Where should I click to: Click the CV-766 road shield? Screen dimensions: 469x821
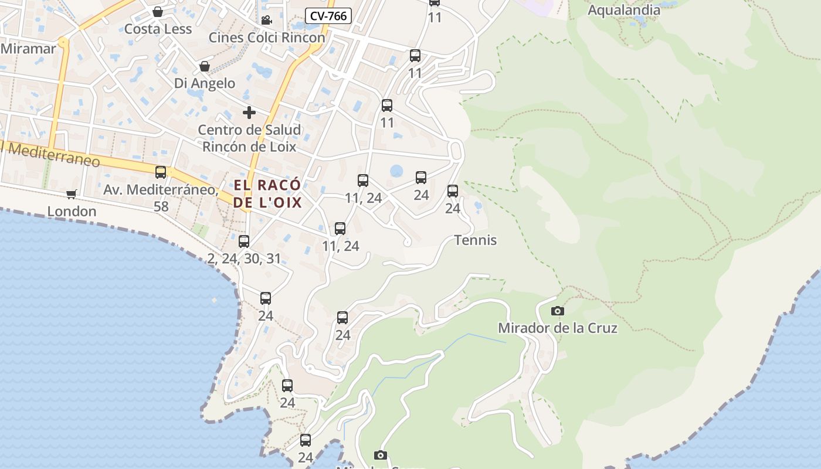pyautogui.click(x=328, y=16)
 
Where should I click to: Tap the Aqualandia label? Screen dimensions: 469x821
pyautogui.click(x=623, y=10)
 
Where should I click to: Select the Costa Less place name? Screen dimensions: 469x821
pyautogui.click(x=158, y=29)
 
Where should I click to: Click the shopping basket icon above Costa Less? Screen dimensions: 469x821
pyautogui.click(x=158, y=12)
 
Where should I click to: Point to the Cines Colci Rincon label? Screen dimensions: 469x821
pyautogui.click(x=267, y=38)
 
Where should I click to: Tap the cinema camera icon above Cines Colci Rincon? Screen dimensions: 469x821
pyautogui.click(x=266, y=21)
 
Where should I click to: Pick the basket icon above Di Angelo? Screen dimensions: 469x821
pyautogui.click(x=205, y=66)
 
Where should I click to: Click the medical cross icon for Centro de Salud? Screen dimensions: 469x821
pyautogui.click(x=249, y=112)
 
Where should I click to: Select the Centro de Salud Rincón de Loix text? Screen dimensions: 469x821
pyautogui.click(x=249, y=138)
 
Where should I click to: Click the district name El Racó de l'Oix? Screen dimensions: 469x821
pyautogui.click(x=267, y=193)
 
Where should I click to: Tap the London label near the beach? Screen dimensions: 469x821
pyautogui.click(x=72, y=211)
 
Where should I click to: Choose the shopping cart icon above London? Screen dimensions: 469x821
pyautogui.click(x=72, y=194)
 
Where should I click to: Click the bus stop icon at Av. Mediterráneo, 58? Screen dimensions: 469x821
pyautogui.click(x=160, y=172)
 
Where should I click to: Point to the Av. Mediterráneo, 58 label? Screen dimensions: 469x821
pyautogui.click(x=160, y=198)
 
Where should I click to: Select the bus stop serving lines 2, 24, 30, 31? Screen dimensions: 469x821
pyautogui.click(x=244, y=241)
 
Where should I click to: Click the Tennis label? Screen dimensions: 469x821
pyautogui.click(x=475, y=240)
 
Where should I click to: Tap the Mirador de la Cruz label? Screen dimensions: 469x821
pyautogui.click(x=557, y=328)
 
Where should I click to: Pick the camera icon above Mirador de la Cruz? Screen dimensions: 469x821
pyautogui.click(x=558, y=311)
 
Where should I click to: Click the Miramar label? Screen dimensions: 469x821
pyautogui.click(x=28, y=49)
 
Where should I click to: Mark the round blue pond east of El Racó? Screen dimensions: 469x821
pyautogui.click(x=396, y=171)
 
